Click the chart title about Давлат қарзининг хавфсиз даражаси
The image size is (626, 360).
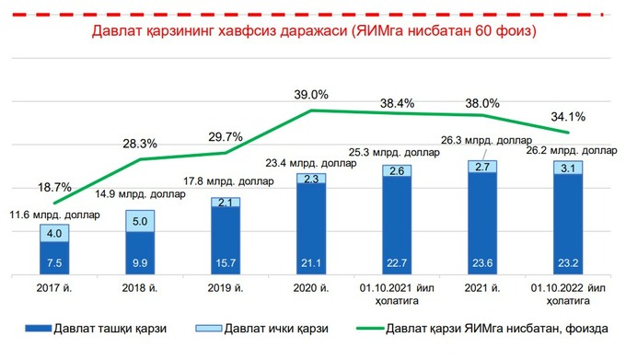[313, 30]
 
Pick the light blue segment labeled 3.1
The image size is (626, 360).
[568, 168]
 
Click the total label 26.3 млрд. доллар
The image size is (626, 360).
[481, 141]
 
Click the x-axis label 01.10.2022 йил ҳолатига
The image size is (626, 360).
[568, 295]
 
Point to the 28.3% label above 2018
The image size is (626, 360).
[140, 144]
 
